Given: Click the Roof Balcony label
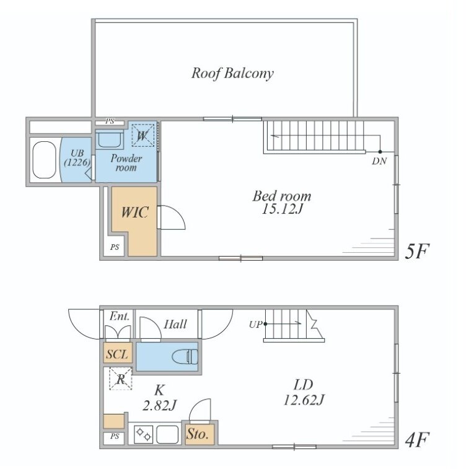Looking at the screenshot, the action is [232, 73].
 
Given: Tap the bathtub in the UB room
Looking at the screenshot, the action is [44, 160].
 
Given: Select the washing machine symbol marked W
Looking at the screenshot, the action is [143, 136].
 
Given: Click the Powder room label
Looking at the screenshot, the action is [126, 162].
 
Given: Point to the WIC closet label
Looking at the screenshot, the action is [134, 212].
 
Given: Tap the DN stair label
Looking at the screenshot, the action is [379, 161].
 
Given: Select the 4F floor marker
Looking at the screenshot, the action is [417, 439].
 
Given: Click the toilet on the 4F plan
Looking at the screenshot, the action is [185, 357].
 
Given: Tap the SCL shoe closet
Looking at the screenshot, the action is [118, 354].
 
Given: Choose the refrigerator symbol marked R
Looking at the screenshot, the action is [121, 379].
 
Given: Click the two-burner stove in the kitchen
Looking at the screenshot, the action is [144, 434].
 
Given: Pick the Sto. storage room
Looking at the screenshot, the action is [199, 434].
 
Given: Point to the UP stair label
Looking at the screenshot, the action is [255, 324].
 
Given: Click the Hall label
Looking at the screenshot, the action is [175, 324].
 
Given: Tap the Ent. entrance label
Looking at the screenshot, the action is [120, 316].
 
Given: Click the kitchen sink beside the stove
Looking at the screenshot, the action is [167, 434].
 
